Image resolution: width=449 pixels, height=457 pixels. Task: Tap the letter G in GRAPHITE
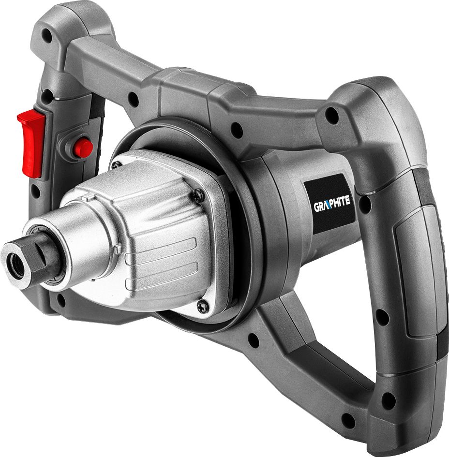(x=316, y=209)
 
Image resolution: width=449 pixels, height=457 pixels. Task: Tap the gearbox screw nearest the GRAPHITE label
(x=198, y=195)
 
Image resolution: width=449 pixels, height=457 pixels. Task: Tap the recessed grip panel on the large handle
(x=414, y=271)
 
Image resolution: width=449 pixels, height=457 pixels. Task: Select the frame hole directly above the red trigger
(x=47, y=95)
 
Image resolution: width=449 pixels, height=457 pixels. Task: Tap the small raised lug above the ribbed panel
(x=118, y=249)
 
